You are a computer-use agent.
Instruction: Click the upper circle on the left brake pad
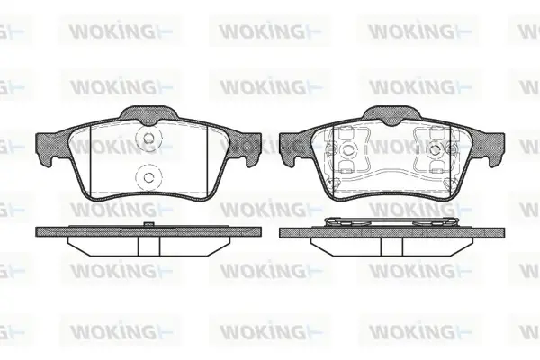tap(148, 139)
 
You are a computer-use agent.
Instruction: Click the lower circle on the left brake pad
tap(148, 178)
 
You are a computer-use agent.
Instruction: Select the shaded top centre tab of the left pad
tap(148, 114)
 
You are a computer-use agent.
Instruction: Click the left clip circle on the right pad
tap(347, 149)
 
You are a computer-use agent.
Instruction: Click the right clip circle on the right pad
tap(436, 149)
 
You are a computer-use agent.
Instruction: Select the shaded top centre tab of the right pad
tap(392, 114)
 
